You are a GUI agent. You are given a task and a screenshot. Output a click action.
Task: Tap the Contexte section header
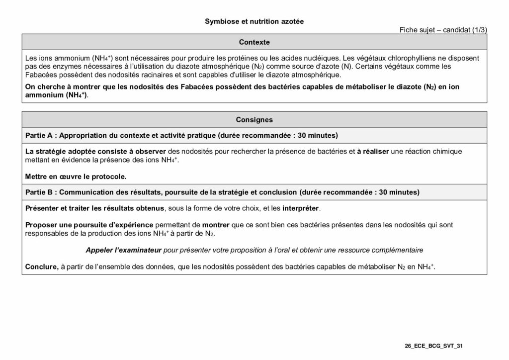click(254, 42)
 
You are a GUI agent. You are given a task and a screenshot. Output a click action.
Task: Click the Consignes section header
click(254, 119)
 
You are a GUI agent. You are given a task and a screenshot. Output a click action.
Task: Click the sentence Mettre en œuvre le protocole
click(76, 176)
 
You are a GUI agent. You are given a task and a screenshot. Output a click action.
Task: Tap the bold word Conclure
click(41, 267)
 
